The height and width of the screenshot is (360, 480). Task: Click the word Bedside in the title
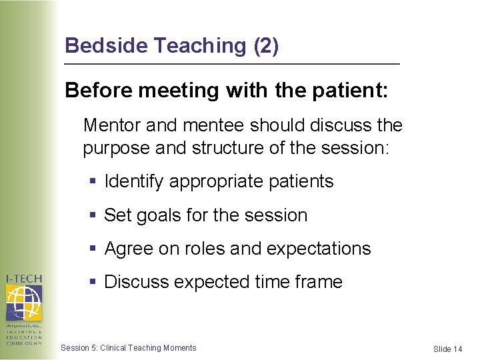tap(107, 45)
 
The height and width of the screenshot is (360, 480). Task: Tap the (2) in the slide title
tap(265, 45)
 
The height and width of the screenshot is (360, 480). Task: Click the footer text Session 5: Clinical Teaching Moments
tap(128, 347)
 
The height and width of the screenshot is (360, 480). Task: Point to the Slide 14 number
tap(447, 349)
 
